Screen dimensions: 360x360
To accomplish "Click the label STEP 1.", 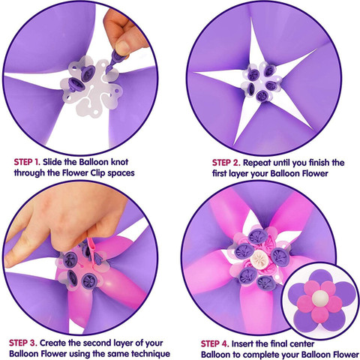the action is pos(27,162).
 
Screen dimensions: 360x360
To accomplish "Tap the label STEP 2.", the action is pos(226,163).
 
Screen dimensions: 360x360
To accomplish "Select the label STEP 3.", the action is pos(23,343).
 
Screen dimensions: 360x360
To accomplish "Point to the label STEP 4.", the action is pos(215,343).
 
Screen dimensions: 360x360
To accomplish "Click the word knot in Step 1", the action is pos(119,162).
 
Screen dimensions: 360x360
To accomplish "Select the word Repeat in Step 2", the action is pos(257,163).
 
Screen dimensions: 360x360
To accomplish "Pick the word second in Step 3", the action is pos(97,343).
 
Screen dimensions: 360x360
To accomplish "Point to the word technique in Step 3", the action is pos(151,354).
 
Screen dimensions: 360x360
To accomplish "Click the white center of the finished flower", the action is pos(319,298).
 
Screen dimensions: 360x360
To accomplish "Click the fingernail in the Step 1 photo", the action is pos(123,47).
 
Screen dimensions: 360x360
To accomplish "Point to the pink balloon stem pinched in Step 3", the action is pos(91,250).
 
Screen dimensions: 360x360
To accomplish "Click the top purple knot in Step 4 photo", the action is pos(258,236).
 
